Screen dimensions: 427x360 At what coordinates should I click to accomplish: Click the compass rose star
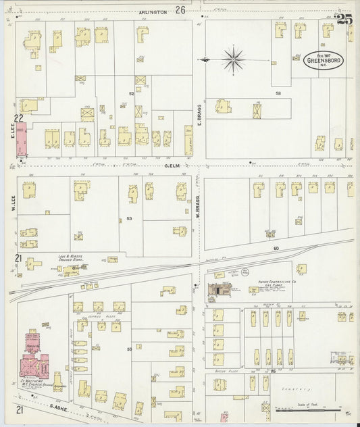pos(233,61)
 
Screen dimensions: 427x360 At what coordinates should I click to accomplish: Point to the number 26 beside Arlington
pos(180,10)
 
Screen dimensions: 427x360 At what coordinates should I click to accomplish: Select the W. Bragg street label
pos(199,203)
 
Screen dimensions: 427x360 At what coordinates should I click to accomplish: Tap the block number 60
pos(276,249)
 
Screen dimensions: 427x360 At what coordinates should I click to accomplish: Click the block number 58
pos(278,93)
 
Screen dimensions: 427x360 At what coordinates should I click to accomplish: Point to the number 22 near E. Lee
pos(19,118)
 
